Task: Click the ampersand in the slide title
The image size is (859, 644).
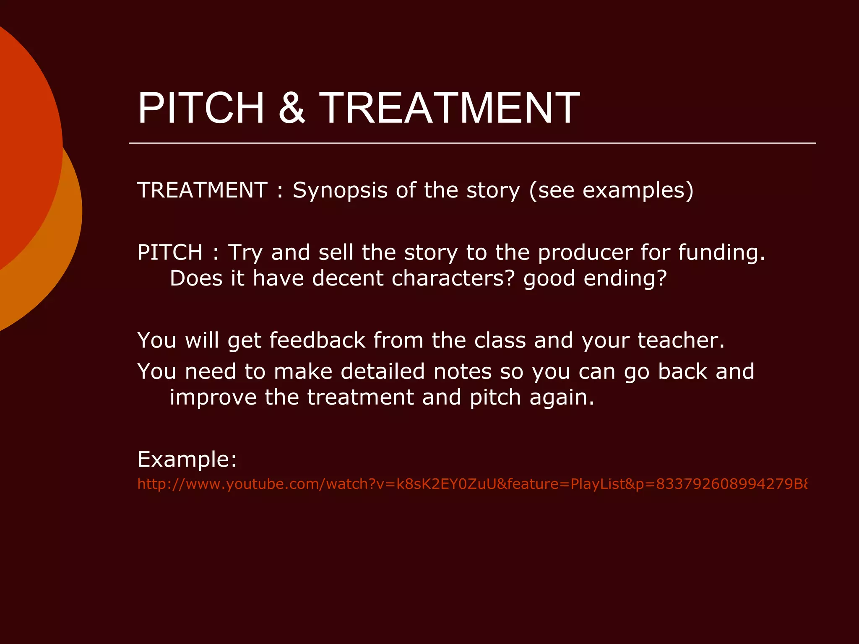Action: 292,108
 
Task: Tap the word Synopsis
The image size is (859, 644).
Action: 340,191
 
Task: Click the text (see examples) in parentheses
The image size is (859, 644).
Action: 611,191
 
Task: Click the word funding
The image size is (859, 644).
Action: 721,253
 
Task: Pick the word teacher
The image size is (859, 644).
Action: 681,340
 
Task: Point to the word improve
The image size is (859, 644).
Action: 213,397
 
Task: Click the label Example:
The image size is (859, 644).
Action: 187,460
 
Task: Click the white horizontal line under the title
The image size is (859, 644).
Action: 472,143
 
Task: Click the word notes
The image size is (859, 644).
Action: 463,371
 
